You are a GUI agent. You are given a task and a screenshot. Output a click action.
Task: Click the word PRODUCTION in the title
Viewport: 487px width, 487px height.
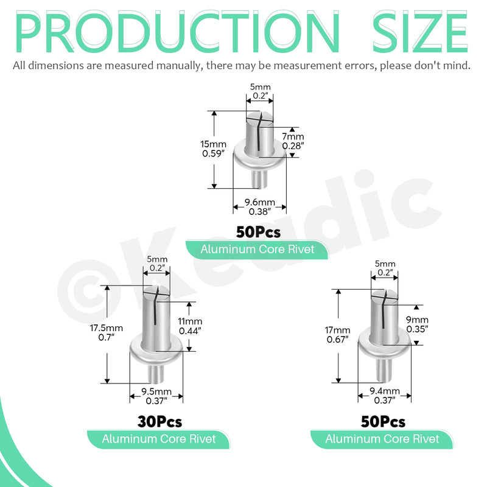click(177, 31)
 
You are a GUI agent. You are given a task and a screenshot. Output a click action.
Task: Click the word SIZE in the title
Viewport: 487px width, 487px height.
click(420, 31)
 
